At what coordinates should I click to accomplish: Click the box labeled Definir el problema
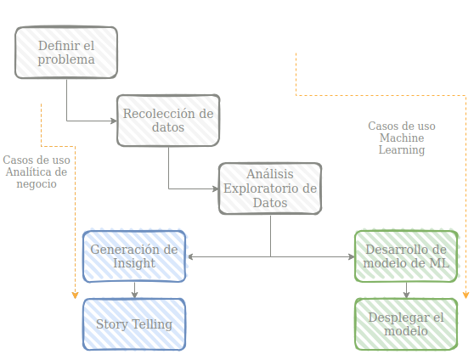click(x=66, y=53)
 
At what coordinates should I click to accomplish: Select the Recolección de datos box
click(x=168, y=121)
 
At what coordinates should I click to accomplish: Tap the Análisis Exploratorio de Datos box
click(x=270, y=188)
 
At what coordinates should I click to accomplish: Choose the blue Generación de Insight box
click(x=134, y=256)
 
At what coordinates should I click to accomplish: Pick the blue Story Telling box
click(x=134, y=324)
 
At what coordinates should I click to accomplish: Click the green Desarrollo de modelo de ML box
click(x=406, y=256)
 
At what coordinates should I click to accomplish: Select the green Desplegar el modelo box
click(x=406, y=324)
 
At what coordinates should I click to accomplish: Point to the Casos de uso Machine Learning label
click(x=402, y=138)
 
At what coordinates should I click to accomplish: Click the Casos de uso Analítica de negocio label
click(x=37, y=172)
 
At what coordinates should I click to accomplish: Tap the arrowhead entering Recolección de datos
click(x=114, y=121)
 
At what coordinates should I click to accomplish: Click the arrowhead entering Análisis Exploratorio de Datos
click(x=216, y=189)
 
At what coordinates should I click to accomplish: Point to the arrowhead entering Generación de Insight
click(x=190, y=257)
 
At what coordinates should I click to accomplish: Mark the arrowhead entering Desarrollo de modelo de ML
click(x=352, y=257)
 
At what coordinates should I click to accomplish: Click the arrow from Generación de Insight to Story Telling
click(x=135, y=290)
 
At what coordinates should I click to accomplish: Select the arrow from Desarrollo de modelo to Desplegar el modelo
click(x=407, y=290)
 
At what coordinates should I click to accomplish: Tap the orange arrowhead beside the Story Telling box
click(x=76, y=295)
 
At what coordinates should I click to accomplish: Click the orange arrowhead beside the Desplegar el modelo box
click(x=466, y=295)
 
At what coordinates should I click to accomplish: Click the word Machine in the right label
click(x=402, y=138)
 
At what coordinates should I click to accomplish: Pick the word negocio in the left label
click(x=37, y=183)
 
